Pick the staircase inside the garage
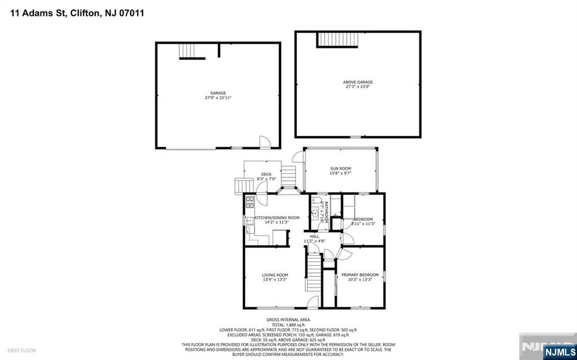click(x=191, y=51)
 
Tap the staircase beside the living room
click(x=313, y=272)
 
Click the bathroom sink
click(x=316, y=213)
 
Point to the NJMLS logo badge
click(x=558, y=352)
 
